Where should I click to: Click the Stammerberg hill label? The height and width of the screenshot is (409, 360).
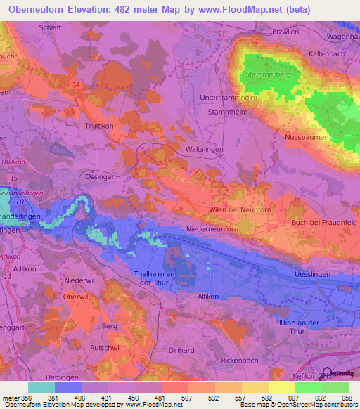coord(264,74)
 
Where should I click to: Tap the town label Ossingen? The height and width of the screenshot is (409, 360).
coord(100,178)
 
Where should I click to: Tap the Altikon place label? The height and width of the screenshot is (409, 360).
coord(211,297)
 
